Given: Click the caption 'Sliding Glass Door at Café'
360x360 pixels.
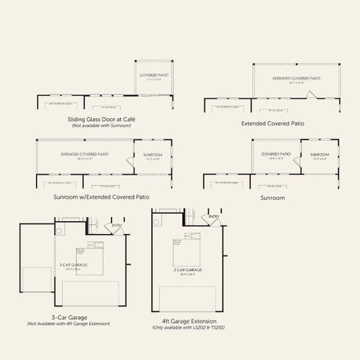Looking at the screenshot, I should [x=100, y=119].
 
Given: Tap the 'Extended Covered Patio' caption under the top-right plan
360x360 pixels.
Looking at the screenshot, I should [x=272, y=124].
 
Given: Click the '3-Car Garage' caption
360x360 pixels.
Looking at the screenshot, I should [x=68, y=317].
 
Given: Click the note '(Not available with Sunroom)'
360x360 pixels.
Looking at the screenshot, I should [x=101, y=126].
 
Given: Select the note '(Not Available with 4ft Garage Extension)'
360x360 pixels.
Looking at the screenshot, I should [x=68, y=324].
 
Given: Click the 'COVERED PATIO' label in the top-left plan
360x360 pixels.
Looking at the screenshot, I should [x=154, y=76].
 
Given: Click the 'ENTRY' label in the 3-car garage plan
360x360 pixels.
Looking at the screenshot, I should [x=116, y=226].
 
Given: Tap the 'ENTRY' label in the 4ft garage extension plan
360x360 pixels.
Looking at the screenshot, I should [x=214, y=217].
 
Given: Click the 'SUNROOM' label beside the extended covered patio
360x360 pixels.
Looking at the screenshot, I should [x=152, y=154].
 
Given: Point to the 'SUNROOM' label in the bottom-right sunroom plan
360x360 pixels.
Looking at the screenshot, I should [x=320, y=154].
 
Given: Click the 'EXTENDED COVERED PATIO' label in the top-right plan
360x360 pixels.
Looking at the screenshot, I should [x=295, y=78].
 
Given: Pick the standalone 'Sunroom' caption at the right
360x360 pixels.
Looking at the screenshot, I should [x=272, y=197].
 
